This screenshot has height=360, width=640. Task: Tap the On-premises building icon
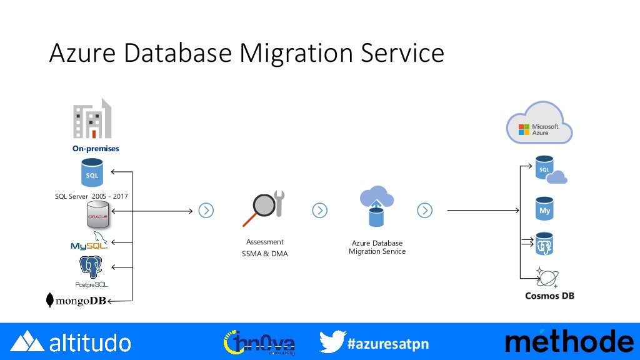click(92, 119)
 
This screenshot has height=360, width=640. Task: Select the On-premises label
click(95, 149)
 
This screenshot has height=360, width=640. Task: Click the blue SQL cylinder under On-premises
click(92, 172)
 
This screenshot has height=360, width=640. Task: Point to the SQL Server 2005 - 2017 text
click(91, 197)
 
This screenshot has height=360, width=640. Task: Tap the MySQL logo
click(89, 242)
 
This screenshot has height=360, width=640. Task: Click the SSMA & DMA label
click(264, 254)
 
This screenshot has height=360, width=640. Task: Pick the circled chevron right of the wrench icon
click(319, 211)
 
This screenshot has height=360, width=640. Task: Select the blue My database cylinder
click(544, 209)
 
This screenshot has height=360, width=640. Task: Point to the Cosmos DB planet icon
click(547, 277)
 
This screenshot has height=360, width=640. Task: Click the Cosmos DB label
click(549, 296)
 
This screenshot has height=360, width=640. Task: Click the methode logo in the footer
click(569, 341)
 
